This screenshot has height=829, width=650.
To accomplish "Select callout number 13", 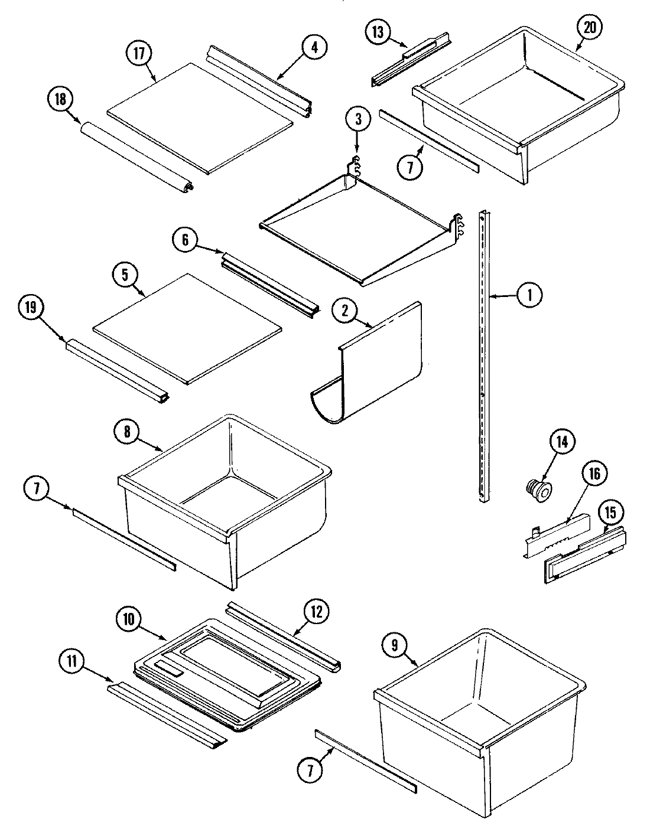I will point(378,32).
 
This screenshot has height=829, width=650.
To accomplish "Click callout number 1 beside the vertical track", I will point(529,294).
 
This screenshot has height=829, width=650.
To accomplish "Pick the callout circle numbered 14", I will point(562,442).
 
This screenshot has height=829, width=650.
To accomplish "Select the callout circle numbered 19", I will point(31,307).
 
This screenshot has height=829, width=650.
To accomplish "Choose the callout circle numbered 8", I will point(127,432).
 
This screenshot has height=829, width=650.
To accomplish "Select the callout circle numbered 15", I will point(610,513).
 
